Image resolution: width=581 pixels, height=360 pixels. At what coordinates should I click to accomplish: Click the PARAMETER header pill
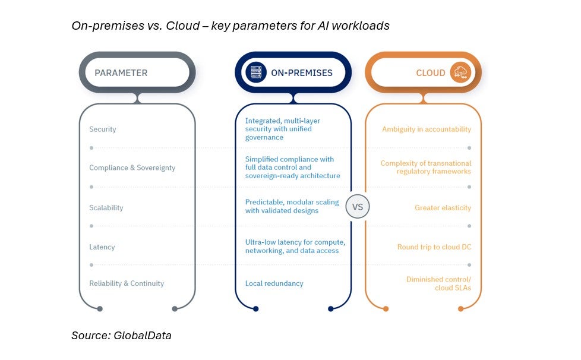coord(137,73)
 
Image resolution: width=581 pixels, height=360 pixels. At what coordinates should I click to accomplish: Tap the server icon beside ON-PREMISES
coord(256,73)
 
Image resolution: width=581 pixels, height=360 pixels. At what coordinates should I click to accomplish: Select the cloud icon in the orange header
coord(459,72)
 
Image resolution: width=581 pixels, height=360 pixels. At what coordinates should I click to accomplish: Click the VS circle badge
coord(358,207)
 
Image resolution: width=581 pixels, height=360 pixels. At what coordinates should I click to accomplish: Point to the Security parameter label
coord(103,130)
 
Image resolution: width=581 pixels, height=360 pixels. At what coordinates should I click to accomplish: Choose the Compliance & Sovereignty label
coord(132,168)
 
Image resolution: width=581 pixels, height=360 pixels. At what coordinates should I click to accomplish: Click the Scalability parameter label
coord(106,208)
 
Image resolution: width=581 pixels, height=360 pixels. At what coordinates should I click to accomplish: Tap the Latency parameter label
coord(102,247)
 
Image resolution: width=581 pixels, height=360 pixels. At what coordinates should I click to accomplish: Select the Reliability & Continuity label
coord(127,283)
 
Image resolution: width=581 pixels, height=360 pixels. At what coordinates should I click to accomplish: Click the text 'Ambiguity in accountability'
coord(427,130)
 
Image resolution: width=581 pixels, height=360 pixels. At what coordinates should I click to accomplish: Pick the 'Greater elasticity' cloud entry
coord(443,208)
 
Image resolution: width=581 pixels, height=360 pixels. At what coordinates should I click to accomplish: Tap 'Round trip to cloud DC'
coord(434,247)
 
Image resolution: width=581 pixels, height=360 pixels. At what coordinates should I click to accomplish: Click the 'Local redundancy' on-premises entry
coord(274,283)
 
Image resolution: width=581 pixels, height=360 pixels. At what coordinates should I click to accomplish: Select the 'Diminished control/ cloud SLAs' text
coord(438,283)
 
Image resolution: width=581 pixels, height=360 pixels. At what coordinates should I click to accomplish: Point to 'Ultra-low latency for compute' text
coord(295,242)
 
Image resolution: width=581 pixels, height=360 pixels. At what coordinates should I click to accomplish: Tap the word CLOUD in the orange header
coord(431,73)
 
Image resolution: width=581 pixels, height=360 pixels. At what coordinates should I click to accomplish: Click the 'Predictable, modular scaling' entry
coord(292,202)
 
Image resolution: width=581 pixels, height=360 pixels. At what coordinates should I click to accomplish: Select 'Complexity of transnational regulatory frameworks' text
coord(426,168)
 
